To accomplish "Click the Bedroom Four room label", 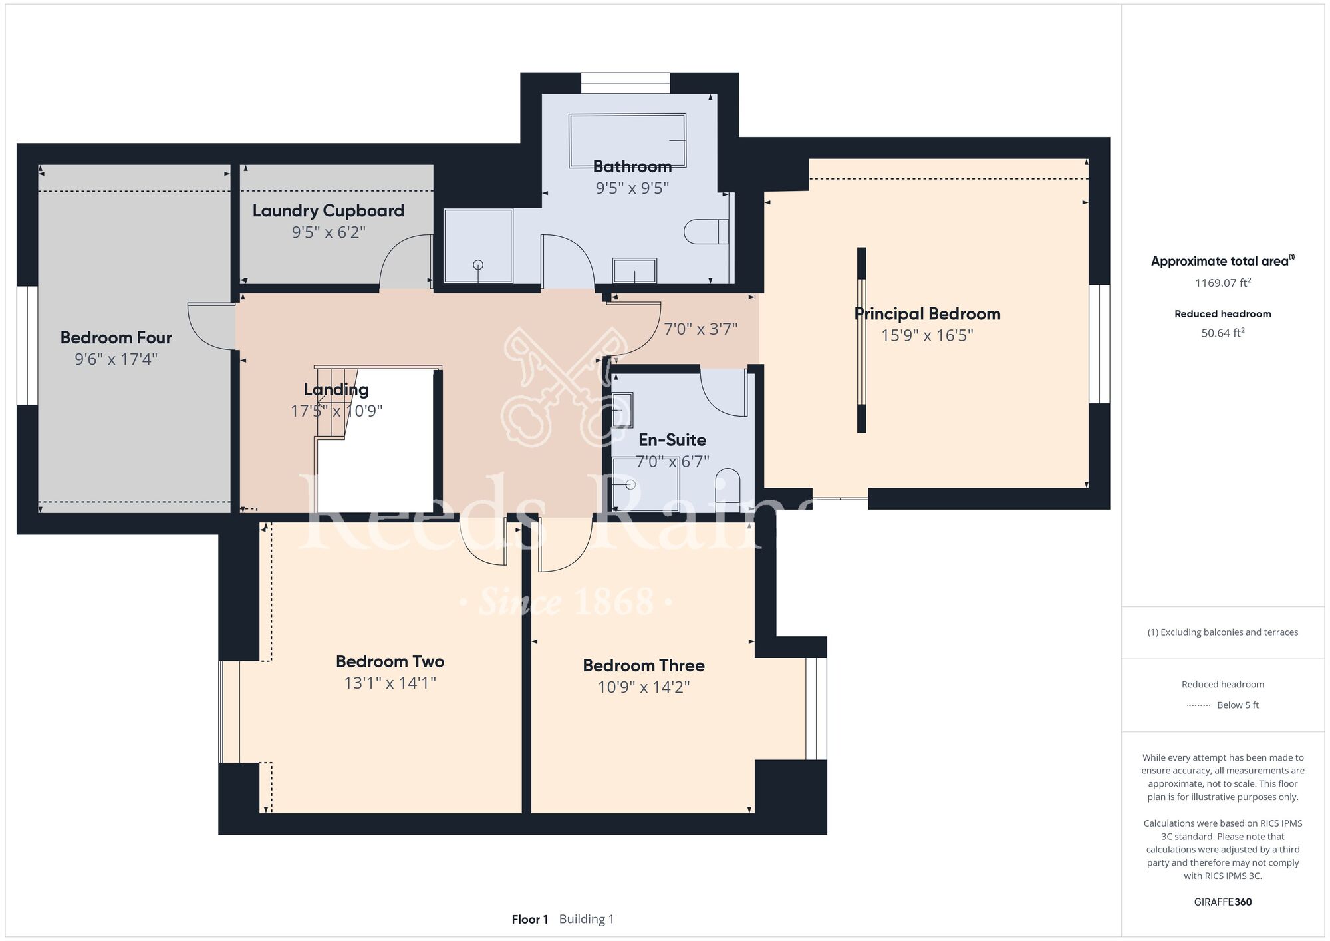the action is [116, 337].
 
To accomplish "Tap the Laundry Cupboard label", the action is [328, 211].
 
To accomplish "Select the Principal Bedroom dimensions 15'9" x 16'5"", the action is [927, 335].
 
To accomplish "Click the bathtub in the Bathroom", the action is [627, 141].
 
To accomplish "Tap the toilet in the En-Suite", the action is [728, 485].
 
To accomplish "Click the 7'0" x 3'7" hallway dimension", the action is [701, 329].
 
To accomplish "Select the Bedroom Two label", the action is [390, 661].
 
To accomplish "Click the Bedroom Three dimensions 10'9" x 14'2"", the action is [644, 687].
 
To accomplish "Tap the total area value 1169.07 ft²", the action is [1223, 283].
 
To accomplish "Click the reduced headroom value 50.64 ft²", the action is [1223, 333].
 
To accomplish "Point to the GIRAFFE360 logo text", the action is [1223, 902].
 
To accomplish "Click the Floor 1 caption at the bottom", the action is [530, 920].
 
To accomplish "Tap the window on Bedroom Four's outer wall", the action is [27, 345].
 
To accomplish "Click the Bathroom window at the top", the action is [625, 83].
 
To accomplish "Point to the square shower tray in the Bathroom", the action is [478, 245].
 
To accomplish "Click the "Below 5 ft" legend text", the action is [1238, 705].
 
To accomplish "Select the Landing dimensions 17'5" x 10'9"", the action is [336, 411].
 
